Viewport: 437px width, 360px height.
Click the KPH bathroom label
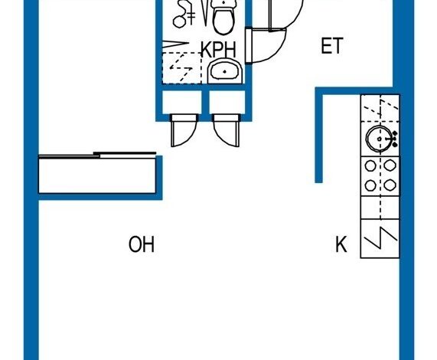click(219, 50)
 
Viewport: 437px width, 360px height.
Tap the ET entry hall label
click(331, 46)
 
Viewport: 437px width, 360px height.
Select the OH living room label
click(142, 244)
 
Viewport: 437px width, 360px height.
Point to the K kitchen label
click(341, 244)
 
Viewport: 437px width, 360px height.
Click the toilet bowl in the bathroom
click(223, 18)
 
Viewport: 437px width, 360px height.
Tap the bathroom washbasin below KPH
click(225, 70)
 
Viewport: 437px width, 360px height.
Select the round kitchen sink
click(379, 139)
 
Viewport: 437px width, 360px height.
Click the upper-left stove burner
click(370, 165)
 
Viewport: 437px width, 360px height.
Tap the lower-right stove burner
click(390, 185)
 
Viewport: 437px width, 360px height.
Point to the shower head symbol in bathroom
click(184, 15)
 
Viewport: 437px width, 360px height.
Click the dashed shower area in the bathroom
click(182, 67)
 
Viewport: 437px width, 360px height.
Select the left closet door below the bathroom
click(184, 130)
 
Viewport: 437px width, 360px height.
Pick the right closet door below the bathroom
click(227, 130)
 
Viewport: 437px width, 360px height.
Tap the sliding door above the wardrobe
click(97, 155)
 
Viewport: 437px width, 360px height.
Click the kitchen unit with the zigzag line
click(380, 238)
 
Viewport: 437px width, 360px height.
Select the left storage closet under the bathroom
click(182, 102)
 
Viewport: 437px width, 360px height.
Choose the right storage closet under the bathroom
click(227, 102)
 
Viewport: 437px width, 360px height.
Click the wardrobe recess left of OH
click(97, 175)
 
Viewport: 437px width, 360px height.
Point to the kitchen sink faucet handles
click(395, 139)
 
